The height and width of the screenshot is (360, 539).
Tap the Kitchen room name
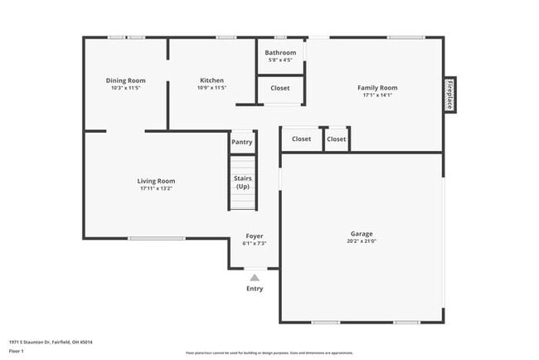click(x=211, y=80)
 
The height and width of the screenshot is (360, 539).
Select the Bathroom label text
click(x=280, y=53)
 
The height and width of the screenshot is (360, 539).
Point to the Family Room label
click(x=377, y=87)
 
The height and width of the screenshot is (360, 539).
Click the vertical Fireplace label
click(x=449, y=95)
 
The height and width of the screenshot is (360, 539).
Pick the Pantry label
click(x=242, y=142)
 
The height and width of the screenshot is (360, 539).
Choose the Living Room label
click(x=156, y=181)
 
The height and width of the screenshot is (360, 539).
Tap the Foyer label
click(x=254, y=236)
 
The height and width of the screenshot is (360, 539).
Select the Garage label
click(x=361, y=234)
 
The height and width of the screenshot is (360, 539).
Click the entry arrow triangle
click(x=255, y=278)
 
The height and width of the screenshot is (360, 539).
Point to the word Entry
click(x=255, y=289)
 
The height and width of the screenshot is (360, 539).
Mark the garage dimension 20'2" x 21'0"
click(x=362, y=241)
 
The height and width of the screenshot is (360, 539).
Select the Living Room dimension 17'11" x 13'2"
click(x=156, y=188)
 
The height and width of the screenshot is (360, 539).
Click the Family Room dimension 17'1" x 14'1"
click(x=377, y=95)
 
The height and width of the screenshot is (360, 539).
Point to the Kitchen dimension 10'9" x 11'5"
click(x=211, y=87)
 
